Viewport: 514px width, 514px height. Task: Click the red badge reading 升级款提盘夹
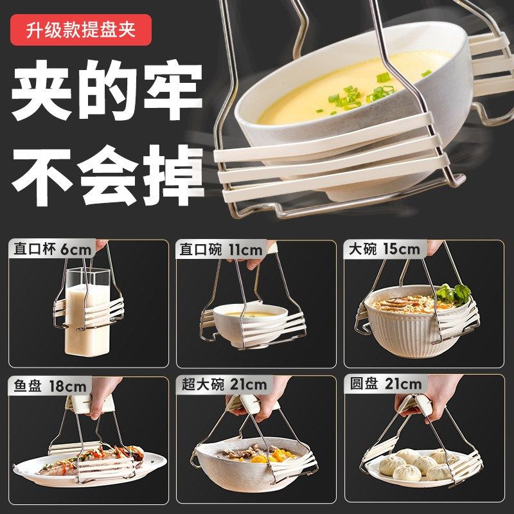click(x=82, y=30)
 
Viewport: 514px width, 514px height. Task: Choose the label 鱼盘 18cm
click(x=49, y=385)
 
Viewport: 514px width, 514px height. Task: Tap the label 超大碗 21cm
click(x=224, y=385)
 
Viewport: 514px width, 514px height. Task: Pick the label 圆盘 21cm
click(x=386, y=385)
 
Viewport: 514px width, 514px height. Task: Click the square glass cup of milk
click(x=86, y=315)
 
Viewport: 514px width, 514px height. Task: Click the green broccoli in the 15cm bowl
click(x=454, y=294)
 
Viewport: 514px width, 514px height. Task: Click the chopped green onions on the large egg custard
click(x=360, y=95)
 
